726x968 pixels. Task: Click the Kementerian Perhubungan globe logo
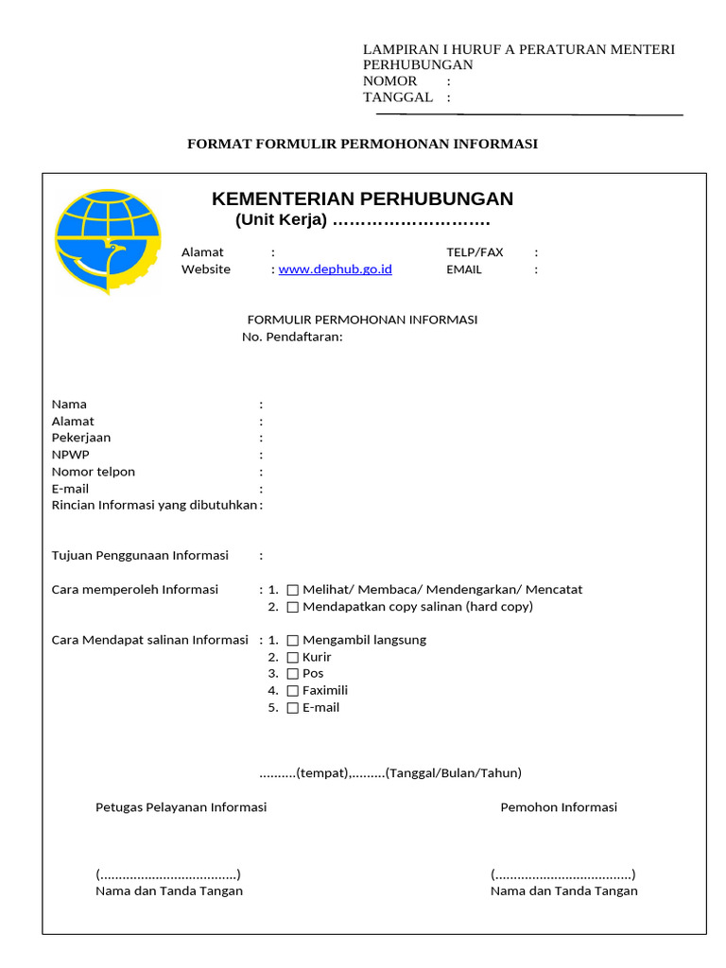click(107, 240)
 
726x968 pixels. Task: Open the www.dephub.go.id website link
click(336, 269)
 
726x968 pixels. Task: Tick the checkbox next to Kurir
click(293, 657)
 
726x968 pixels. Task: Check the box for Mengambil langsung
click(293, 640)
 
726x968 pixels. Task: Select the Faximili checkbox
click(293, 691)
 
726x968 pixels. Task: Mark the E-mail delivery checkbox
click(293, 708)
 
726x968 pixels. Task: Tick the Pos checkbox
click(293, 674)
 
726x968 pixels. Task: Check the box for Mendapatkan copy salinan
click(293, 607)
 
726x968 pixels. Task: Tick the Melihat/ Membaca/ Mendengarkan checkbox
click(293, 590)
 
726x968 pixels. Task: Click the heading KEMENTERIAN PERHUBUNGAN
click(362, 199)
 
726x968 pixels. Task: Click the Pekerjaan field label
click(81, 438)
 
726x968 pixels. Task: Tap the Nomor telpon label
click(94, 472)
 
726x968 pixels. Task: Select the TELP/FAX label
click(475, 252)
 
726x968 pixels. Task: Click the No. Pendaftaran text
click(292, 337)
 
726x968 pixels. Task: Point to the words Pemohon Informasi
click(559, 807)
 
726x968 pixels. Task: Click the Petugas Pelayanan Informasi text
click(181, 807)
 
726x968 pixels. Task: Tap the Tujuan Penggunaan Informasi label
click(140, 555)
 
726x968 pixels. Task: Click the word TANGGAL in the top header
click(398, 97)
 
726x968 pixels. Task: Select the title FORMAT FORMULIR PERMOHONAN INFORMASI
click(362, 144)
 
